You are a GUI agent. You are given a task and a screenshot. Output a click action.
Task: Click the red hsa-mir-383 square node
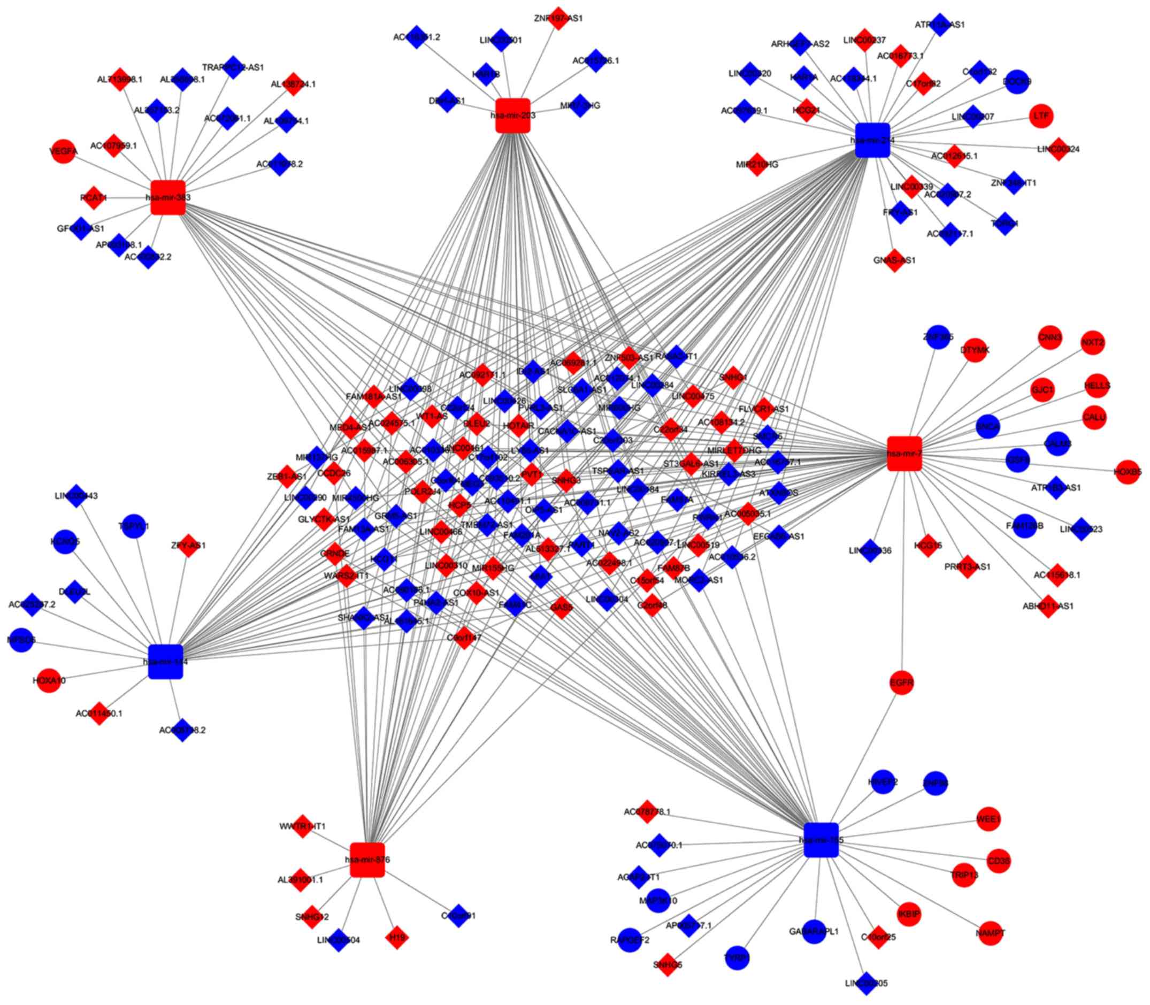[x=167, y=197]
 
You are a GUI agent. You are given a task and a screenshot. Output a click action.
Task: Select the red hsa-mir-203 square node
[x=512, y=116]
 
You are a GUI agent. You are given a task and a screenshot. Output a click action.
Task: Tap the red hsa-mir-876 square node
[x=367, y=859]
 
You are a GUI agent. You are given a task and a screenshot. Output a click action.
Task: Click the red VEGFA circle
[x=63, y=151]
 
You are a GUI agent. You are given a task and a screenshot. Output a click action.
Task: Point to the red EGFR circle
[x=902, y=682]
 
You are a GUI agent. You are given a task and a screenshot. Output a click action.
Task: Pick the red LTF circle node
[x=1041, y=116]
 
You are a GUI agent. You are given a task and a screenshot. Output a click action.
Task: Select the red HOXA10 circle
[x=49, y=680]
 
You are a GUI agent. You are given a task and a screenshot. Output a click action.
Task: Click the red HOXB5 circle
[x=1128, y=472]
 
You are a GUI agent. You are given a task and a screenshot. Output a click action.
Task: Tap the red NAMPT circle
[x=990, y=934]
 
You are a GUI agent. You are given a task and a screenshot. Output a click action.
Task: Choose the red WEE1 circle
[x=988, y=819]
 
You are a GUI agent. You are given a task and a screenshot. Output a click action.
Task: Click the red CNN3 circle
[x=1049, y=337]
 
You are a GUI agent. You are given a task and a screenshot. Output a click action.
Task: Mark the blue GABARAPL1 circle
[x=814, y=932]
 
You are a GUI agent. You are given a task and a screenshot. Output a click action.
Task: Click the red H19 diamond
[x=396, y=937]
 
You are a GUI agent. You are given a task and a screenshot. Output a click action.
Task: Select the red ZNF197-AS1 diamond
[x=558, y=18]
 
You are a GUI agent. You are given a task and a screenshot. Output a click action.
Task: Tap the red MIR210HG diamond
[x=757, y=164]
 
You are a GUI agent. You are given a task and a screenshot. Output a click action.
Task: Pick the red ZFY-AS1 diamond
[x=188, y=544]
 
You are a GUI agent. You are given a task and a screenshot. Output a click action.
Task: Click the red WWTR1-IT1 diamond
[x=303, y=826]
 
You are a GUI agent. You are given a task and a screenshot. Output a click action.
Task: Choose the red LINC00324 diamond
[x=1058, y=149]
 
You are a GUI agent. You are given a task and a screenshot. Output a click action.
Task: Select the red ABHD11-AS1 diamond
[x=1047, y=605]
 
